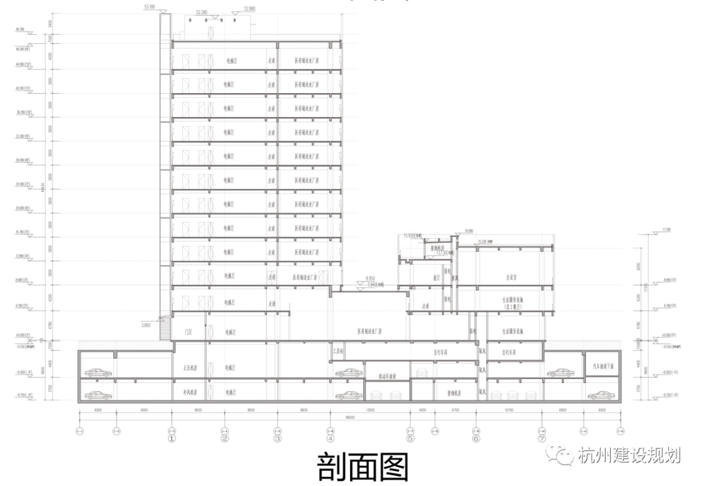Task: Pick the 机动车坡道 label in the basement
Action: click(x=388, y=377)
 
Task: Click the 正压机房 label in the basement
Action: click(x=190, y=368)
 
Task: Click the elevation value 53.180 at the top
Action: click(x=151, y=7)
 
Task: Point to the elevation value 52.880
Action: click(x=249, y=8)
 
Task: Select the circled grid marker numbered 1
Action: click(x=171, y=438)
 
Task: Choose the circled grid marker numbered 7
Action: click(x=542, y=438)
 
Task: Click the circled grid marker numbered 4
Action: click(x=330, y=438)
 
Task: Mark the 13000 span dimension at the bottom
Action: click(x=370, y=410)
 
